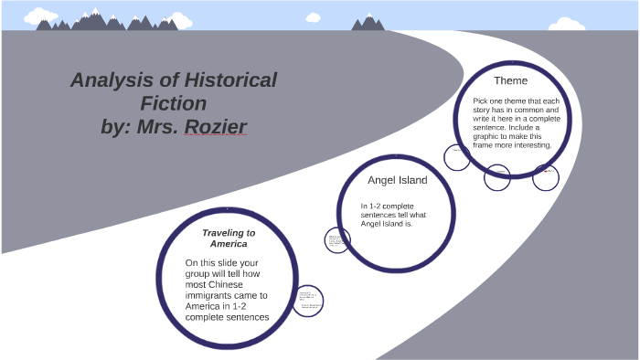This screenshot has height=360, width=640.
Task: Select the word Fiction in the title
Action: tap(174, 103)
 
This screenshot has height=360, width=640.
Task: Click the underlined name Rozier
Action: tap(216, 126)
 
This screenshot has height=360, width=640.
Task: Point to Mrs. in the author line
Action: tap(156, 126)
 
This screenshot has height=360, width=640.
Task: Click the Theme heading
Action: tap(510, 80)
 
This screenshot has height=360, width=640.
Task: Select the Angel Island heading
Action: tap(397, 180)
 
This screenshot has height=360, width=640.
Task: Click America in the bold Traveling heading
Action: tap(228, 245)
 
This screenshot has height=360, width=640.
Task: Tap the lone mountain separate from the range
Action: tap(368, 22)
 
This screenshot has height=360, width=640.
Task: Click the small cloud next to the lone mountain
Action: tap(314, 16)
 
